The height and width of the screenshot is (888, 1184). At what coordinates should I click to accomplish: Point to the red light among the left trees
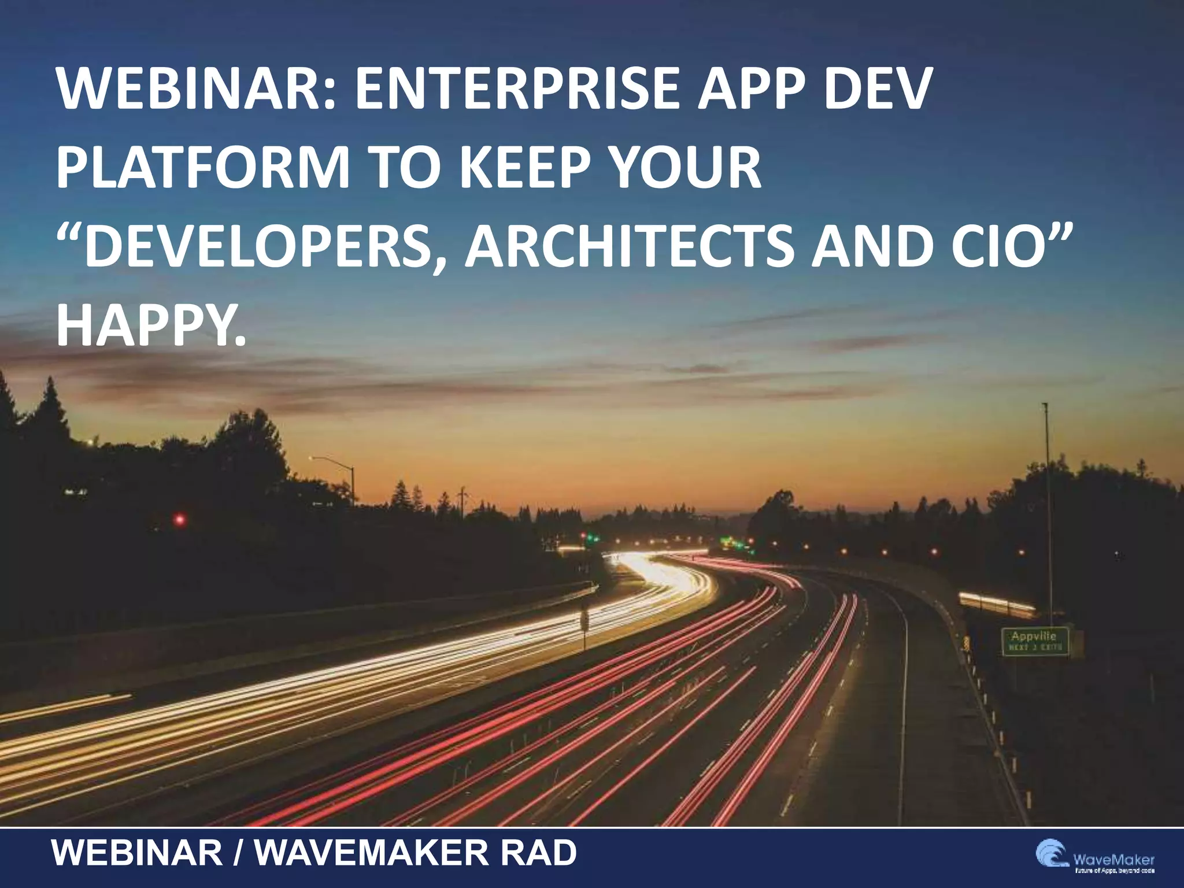(x=180, y=520)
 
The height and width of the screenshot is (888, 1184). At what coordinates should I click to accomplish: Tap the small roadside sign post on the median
(x=584, y=621)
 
